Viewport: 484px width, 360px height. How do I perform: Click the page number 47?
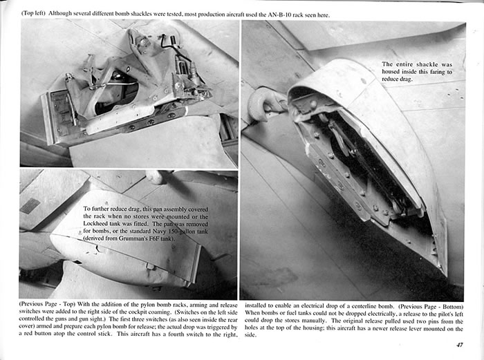click(x=460, y=346)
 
